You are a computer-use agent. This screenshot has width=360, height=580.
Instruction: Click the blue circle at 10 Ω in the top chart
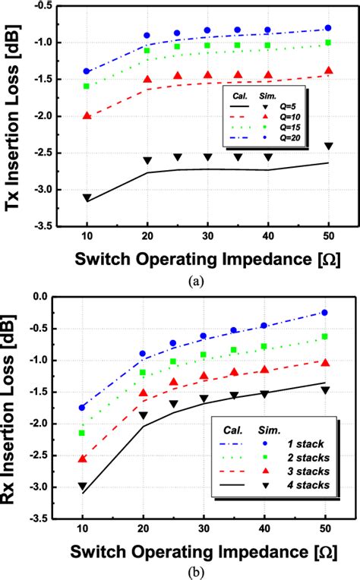click(87, 71)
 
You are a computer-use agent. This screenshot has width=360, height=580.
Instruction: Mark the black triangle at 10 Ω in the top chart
click(87, 198)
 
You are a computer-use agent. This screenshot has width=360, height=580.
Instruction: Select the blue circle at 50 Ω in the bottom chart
click(325, 313)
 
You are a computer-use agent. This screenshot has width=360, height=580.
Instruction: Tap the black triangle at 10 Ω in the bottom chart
click(82, 487)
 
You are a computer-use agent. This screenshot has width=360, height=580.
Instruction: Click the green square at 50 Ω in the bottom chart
click(325, 336)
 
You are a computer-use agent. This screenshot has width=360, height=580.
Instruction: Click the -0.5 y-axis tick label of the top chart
click(46, 5)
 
